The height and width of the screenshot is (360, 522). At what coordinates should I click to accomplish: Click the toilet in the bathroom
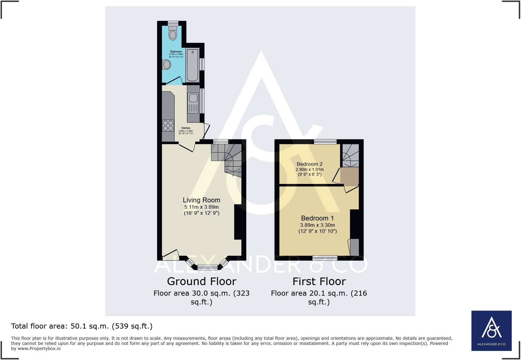[172, 33]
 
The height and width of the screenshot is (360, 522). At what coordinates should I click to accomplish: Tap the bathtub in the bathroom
[192, 65]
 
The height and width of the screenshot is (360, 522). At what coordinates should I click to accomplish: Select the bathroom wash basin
[166, 65]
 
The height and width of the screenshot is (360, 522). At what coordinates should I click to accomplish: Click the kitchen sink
[193, 98]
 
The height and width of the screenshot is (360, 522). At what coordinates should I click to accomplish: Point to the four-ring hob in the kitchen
[168, 126]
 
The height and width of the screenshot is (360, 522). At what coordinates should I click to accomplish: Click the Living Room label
[201, 200]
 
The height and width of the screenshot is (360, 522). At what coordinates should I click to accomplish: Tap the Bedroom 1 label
[317, 218]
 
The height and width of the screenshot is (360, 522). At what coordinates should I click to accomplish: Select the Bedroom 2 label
[309, 164]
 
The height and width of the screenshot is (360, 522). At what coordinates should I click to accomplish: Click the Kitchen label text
[186, 128]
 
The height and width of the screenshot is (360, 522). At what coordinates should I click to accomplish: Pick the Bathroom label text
[176, 52]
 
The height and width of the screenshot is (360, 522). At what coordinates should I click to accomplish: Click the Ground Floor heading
[201, 281]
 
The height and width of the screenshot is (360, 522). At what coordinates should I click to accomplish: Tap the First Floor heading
[319, 281]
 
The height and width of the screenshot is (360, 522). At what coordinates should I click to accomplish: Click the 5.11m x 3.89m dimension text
[201, 207]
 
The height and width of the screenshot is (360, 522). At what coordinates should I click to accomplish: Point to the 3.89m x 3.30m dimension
[317, 225]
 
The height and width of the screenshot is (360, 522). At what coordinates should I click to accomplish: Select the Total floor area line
[82, 326]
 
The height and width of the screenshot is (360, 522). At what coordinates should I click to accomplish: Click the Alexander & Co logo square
[491, 331]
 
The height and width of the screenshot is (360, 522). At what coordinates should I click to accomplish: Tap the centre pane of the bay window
[208, 267]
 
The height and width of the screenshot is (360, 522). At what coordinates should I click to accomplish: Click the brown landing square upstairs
[350, 175]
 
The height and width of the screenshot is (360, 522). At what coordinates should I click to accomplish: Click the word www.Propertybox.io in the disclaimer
[39, 349]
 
